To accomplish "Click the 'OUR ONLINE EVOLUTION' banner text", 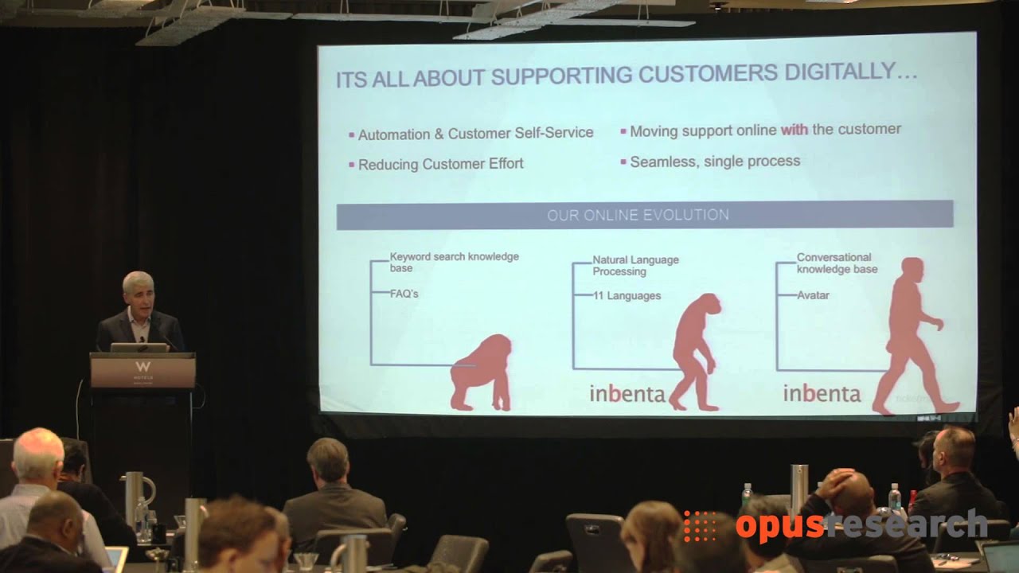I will click(x=638, y=215).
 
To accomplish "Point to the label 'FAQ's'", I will click(x=404, y=294).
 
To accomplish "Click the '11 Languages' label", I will click(x=627, y=296).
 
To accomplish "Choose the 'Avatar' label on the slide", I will click(x=813, y=295).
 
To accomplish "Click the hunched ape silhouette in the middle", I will click(x=695, y=350).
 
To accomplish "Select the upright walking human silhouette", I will click(x=912, y=334).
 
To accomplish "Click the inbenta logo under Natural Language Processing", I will click(x=627, y=394).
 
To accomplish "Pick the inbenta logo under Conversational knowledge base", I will click(x=822, y=393).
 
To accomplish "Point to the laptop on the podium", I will click(x=139, y=347).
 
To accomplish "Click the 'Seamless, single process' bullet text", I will click(x=715, y=162).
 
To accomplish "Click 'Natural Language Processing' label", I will click(x=635, y=266).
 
